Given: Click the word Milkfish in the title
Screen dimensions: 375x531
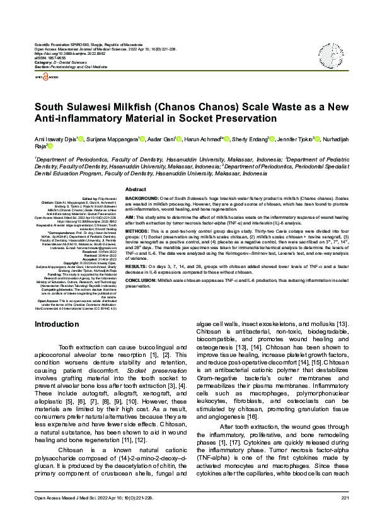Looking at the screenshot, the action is (134, 107).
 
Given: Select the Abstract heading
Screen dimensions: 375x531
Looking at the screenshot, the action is (136, 189).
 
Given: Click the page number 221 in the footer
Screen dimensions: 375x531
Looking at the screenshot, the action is (345, 515).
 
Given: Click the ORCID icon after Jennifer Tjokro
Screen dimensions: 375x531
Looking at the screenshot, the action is (317, 139).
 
